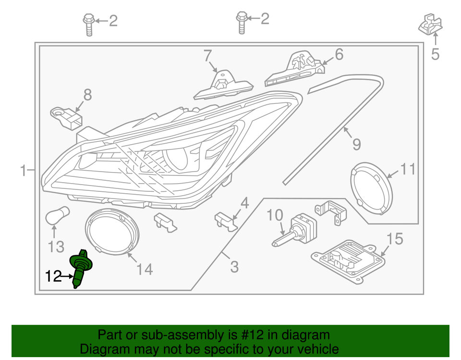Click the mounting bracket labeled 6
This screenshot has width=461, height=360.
point(294,70)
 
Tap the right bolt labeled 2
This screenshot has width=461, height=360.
point(241,22)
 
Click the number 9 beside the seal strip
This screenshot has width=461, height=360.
point(356,143)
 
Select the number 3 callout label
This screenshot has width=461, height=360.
point(234,266)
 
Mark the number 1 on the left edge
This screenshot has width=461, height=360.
point(23,170)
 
